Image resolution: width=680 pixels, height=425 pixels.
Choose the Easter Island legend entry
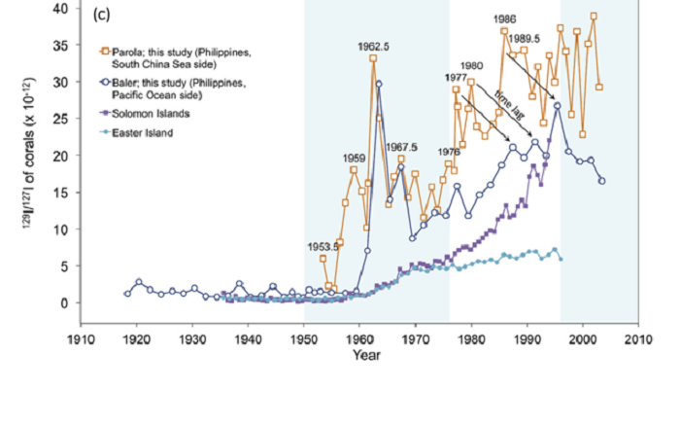point(142,131)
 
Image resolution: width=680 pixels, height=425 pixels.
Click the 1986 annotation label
point(504,18)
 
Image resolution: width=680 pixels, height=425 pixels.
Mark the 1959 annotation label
point(353,158)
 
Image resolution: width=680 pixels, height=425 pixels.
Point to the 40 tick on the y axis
point(60,8)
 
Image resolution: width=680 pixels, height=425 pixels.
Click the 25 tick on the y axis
point(60,119)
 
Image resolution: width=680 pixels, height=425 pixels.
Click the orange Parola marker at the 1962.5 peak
point(374,58)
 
